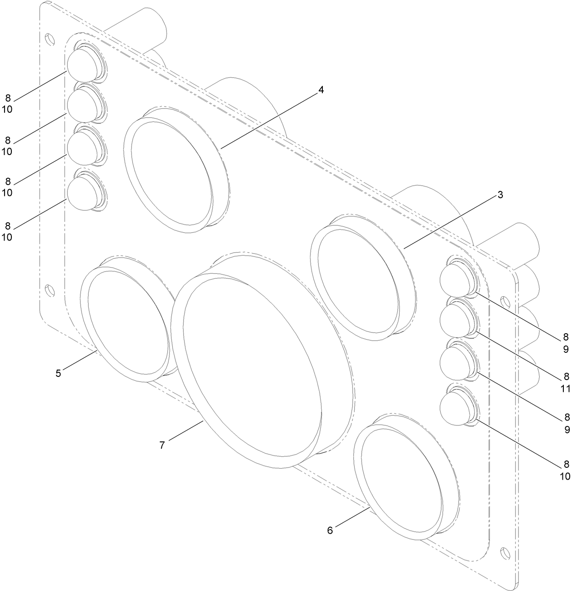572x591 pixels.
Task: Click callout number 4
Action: [321, 90]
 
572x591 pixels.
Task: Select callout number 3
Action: [500, 195]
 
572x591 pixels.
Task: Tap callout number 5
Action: [58, 373]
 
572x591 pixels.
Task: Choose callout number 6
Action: [330, 530]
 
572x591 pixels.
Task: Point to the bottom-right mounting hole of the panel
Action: [504, 553]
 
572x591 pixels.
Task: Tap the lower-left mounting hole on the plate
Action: [49, 290]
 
